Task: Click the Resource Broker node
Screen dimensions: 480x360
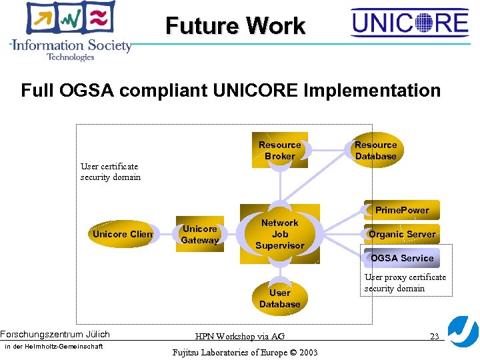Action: pos(280,151)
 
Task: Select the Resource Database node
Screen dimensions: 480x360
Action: pos(375,151)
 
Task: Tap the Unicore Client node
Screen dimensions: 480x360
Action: pos(123,234)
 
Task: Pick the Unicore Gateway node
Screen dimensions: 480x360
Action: pos(200,235)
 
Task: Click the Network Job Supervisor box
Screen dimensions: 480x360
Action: pos(280,234)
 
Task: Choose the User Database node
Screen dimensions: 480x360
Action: pos(280,299)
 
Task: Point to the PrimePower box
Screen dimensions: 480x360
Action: pos(402,210)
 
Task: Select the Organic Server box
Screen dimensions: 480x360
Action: pos(402,234)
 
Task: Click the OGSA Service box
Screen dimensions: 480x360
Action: pos(402,258)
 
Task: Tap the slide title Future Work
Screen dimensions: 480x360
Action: pos(235,26)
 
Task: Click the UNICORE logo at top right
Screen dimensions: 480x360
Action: pos(410,24)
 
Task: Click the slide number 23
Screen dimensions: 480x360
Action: pos(434,337)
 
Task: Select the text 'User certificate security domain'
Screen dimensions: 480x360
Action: pos(111,172)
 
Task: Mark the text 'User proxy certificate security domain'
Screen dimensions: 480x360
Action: pos(405,283)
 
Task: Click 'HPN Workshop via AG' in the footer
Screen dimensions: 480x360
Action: pos(240,337)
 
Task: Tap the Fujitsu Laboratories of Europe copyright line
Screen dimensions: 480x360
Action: pos(245,352)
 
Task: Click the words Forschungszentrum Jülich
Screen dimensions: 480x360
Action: pos(55,335)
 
